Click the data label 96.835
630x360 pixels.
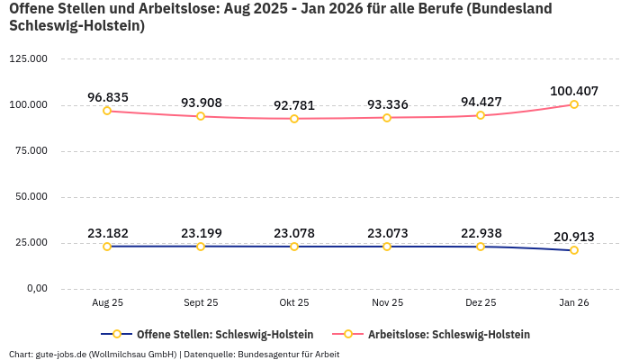(107, 97)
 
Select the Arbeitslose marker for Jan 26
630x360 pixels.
(574, 104)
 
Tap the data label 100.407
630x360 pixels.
(574, 91)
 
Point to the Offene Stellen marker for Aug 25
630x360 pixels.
(107, 246)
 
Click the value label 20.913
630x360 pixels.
(574, 237)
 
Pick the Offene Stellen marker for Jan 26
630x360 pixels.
(574, 250)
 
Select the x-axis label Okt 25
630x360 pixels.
(294, 303)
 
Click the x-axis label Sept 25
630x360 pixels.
(201, 303)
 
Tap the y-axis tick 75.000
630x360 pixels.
(31, 151)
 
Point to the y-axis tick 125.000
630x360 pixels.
(28, 59)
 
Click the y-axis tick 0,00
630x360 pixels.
(37, 288)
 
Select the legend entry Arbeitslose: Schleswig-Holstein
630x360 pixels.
(448, 334)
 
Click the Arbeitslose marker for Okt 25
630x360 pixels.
(294, 119)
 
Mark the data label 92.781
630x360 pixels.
(294, 105)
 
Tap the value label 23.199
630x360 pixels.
(201, 233)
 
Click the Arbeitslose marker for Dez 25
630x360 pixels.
(481, 115)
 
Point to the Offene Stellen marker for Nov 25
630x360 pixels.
(387, 246)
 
